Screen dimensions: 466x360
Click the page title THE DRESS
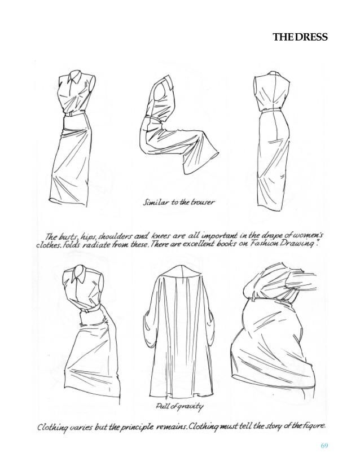tap(300, 38)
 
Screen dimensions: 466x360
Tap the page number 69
tap(324, 446)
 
